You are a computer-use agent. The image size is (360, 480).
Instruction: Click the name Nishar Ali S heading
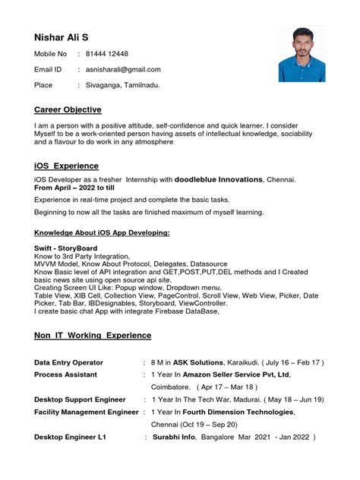click(x=66, y=37)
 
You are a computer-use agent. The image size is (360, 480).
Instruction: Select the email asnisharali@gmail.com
click(x=123, y=69)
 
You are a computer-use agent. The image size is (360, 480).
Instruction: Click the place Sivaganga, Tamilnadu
click(x=123, y=85)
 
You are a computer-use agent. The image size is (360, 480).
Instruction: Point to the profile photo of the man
click(x=302, y=54)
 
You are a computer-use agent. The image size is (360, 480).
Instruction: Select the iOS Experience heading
click(x=66, y=166)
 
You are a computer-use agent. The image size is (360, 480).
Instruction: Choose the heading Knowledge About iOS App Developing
click(x=102, y=232)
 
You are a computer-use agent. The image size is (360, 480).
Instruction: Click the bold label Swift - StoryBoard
click(x=69, y=248)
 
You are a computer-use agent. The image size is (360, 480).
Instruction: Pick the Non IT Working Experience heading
click(x=93, y=335)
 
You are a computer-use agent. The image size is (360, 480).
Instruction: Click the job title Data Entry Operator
click(x=68, y=362)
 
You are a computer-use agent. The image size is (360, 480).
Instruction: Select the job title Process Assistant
click(x=65, y=374)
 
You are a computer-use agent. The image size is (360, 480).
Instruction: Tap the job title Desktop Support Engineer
click(x=80, y=399)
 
